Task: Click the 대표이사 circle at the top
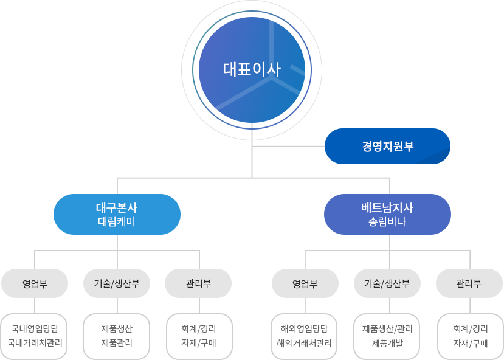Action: pos(252,69)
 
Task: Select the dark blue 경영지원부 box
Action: pos(387,146)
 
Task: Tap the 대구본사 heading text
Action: pos(117,208)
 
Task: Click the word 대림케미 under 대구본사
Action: pos(117,222)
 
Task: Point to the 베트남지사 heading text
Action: pos(387,208)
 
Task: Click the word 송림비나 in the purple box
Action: pos(387,222)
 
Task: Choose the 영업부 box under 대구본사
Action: pos(35,283)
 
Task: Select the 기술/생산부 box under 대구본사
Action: pos(117,283)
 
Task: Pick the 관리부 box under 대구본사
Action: pos(198,283)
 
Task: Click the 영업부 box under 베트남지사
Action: pos(305,283)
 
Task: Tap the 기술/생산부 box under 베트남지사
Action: pos(387,283)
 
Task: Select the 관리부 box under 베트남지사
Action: pos(468,283)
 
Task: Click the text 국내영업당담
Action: pos(35,329)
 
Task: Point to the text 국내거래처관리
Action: pos(35,342)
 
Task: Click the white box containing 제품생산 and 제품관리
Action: pos(117,336)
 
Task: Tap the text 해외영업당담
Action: pos(305,329)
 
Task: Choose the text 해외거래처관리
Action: pos(305,342)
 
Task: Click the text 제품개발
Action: pos(387,342)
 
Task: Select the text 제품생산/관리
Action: pos(387,329)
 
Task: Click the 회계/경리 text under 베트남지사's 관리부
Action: pos(470,329)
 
